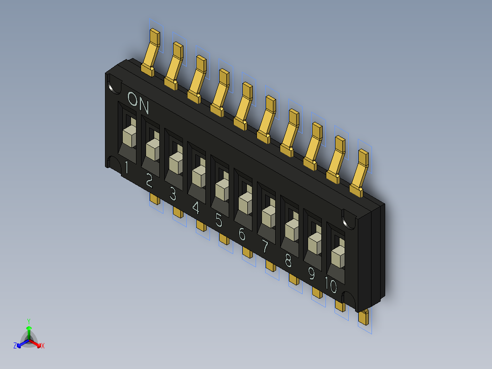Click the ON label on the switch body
138,103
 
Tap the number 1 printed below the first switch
126,169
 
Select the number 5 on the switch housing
219,221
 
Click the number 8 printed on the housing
288,260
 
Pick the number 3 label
173,195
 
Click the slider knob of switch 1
130,136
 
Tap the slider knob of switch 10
338,256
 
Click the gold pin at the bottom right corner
363,316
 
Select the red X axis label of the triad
43,346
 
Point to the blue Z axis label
15,346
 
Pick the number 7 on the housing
265,247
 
